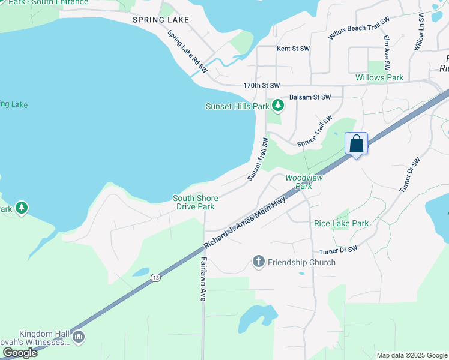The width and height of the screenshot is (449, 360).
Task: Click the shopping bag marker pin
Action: [x=356, y=145]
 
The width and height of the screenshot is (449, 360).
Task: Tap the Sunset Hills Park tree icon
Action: [x=277, y=106]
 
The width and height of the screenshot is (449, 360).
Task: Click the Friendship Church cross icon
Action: [x=259, y=262]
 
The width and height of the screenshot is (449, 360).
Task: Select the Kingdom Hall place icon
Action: [x=79, y=338]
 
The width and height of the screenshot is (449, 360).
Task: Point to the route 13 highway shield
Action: [x=156, y=277]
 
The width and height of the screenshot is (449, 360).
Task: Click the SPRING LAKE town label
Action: [x=161, y=20]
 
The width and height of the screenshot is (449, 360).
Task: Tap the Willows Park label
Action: [x=379, y=77]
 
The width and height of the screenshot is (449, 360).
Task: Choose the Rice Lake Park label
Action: [x=341, y=223]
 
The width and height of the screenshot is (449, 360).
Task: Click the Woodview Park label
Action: [x=304, y=182]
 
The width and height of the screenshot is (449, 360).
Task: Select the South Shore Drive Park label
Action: [x=195, y=202]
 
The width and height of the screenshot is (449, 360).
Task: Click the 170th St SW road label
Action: [x=262, y=86]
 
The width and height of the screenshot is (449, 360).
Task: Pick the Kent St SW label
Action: [x=293, y=48]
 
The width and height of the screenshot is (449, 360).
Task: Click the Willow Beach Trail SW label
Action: [x=359, y=28]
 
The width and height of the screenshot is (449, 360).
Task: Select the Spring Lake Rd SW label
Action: [x=187, y=52]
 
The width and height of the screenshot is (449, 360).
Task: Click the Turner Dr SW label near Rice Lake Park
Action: [x=338, y=248]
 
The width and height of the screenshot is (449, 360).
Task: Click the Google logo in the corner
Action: [x=20, y=353]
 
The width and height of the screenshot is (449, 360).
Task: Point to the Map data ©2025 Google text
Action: [x=411, y=355]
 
